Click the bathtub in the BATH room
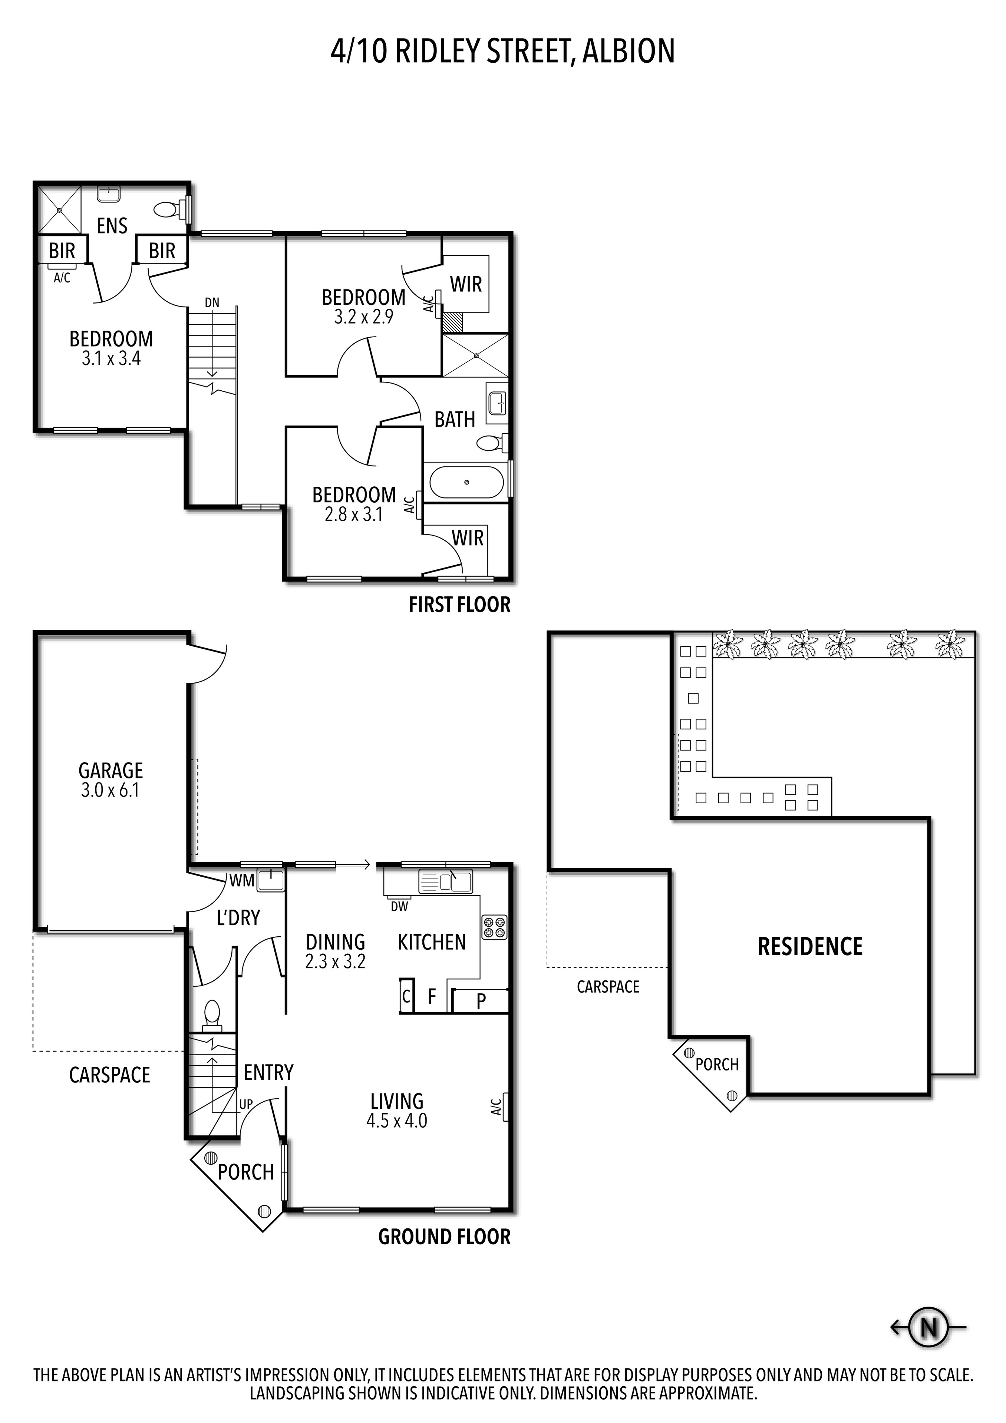tap(467, 482)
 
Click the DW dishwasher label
tap(399, 907)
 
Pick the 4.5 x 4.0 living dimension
tap(397, 1121)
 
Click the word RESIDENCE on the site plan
tap(810, 946)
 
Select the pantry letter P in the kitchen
tap(481, 1000)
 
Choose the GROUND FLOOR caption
tap(445, 1237)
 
